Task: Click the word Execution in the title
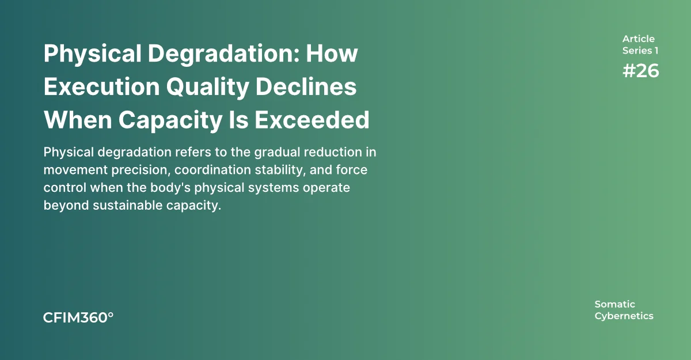coord(102,86)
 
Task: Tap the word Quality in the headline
coord(208,88)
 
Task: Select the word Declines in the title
coord(306,86)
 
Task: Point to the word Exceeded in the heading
coord(312,120)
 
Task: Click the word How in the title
coord(332,54)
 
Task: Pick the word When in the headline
coord(78,120)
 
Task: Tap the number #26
coord(641,71)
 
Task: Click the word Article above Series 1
coord(638,39)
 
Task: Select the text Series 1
coord(640,51)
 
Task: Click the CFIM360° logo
coord(78,318)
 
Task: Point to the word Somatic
coord(615,304)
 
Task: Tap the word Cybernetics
coord(624,316)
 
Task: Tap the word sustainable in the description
coord(128,206)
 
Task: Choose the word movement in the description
coord(75,170)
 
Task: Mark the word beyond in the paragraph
coord(66,206)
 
